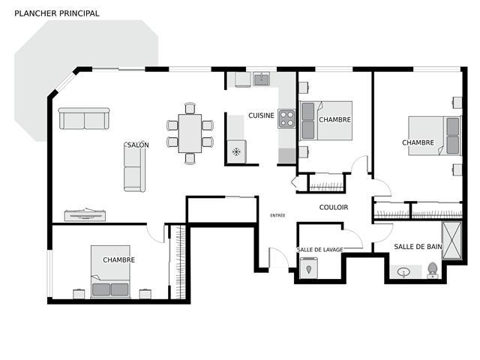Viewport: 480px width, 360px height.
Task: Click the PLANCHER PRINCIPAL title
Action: click(57, 13)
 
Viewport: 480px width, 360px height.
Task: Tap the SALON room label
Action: click(138, 145)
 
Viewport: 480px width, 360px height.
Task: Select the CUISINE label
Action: click(261, 115)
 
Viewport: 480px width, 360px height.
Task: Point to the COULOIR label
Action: click(334, 207)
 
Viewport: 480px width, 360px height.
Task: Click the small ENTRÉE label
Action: click(277, 215)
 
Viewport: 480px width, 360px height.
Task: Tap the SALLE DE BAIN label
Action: click(418, 247)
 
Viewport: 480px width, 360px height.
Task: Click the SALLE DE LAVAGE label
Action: click(320, 250)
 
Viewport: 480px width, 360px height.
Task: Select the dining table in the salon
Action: click(190, 133)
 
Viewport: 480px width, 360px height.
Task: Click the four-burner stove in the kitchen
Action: click(286, 118)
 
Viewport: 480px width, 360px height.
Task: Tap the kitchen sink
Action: click(261, 79)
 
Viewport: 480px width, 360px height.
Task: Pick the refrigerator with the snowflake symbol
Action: click(236, 151)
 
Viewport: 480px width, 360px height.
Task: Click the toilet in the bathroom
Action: click(432, 270)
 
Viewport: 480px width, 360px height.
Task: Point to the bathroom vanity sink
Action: click(404, 272)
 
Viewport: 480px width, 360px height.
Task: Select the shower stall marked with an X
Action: click(451, 241)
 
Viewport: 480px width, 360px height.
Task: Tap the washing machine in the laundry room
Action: click(308, 268)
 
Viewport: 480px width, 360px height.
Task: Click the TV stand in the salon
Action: click(85, 214)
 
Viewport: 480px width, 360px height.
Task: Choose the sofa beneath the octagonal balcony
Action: click(84, 118)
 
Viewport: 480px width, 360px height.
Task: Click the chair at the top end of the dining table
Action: click(190, 108)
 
